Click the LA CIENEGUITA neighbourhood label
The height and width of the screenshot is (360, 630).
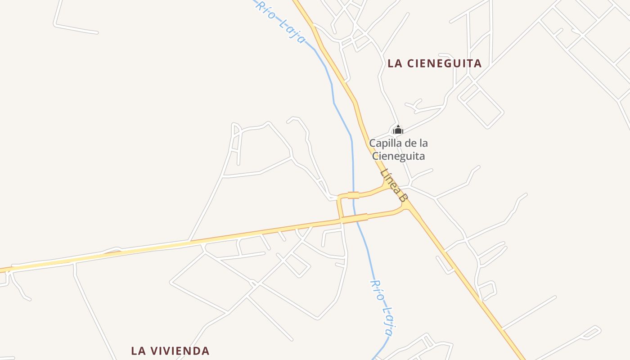point(434,63)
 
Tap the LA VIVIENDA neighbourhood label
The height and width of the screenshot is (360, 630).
point(170,351)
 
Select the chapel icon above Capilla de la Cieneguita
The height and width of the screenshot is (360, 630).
point(398,130)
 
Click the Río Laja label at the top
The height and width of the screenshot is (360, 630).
point(281,22)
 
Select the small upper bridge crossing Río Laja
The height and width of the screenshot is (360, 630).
point(353,195)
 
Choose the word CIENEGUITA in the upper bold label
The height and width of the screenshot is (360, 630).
point(444,63)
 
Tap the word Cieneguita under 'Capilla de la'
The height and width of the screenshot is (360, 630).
point(398,156)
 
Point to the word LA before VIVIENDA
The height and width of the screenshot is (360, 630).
point(138,351)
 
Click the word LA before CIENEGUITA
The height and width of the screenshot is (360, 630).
point(395,63)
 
